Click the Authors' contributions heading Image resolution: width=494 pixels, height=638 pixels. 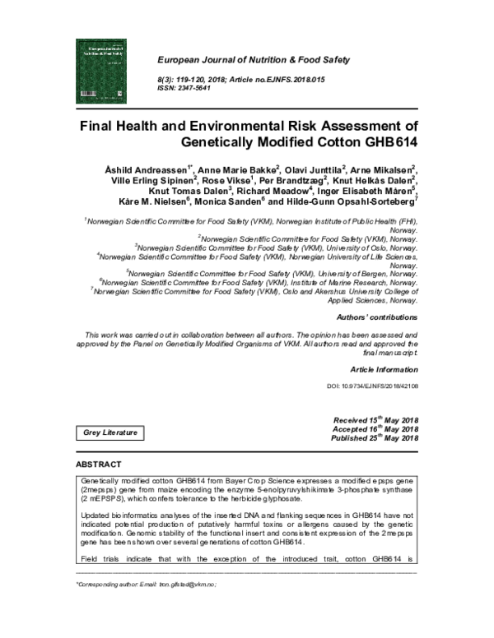point(378,317)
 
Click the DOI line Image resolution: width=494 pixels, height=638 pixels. point(373,386)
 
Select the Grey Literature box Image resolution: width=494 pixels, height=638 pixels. point(110,432)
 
